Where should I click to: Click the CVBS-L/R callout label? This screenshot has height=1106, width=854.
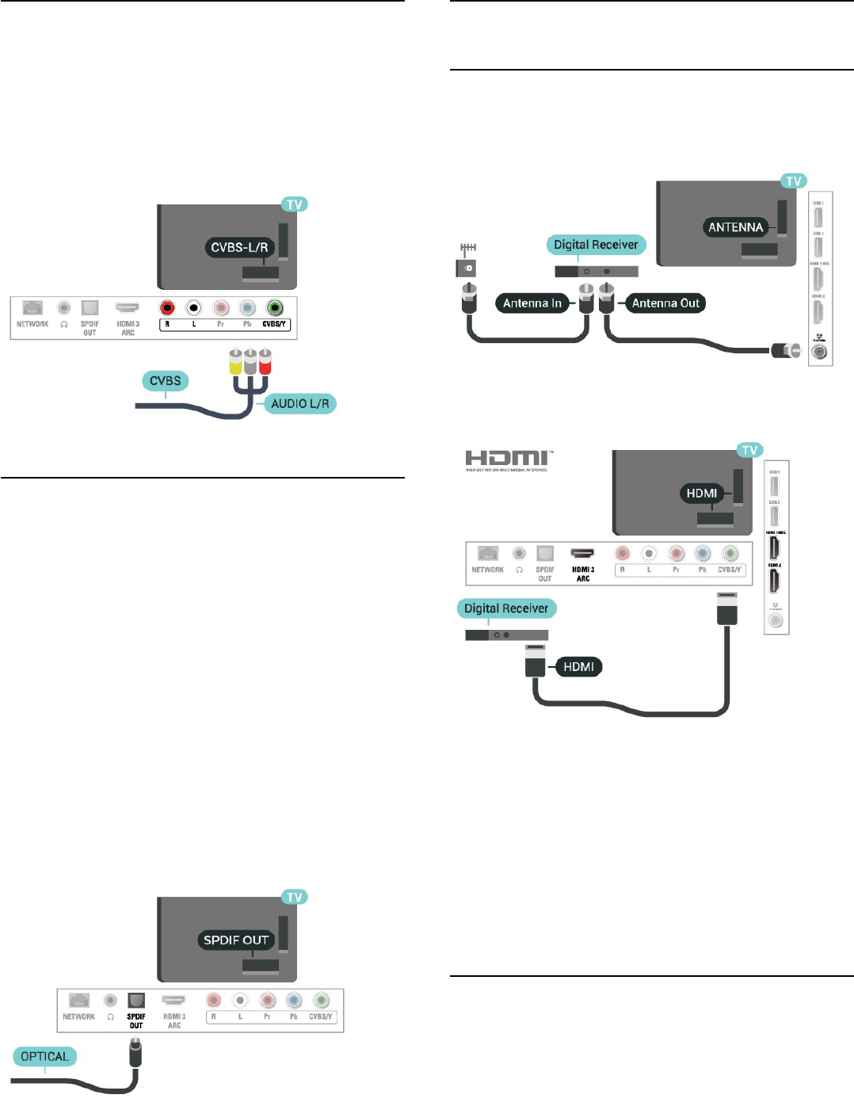[x=239, y=247]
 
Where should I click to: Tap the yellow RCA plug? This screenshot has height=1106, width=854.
[x=235, y=362]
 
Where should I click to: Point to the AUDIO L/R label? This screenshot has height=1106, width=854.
[x=299, y=403]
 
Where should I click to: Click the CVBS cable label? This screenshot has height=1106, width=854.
[x=166, y=381]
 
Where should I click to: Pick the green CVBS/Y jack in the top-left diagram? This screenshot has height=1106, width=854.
[x=274, y=308]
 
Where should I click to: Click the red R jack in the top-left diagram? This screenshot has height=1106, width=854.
[x=167, y=308]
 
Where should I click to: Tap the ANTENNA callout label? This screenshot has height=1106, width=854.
[x=735, y=227]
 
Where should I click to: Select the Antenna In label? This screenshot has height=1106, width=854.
[x=532, y=303]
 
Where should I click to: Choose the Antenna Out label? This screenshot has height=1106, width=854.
[x=665, y=303]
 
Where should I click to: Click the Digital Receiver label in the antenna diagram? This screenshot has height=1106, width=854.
[x=596, y=245]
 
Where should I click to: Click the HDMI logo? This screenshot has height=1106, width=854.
[x=508, y=459]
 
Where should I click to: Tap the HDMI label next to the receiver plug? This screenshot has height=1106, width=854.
[x=578, y=667]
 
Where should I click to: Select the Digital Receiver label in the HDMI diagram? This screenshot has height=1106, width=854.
[x=506, y=608]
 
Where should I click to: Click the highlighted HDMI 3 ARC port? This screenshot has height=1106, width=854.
[x=583, y=554]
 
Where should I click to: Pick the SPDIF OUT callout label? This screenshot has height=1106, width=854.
[x=236, y=940]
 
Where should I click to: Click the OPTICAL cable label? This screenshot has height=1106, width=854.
[x=45, y=1057]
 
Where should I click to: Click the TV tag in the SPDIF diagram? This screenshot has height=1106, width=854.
[x=295, y=897]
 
